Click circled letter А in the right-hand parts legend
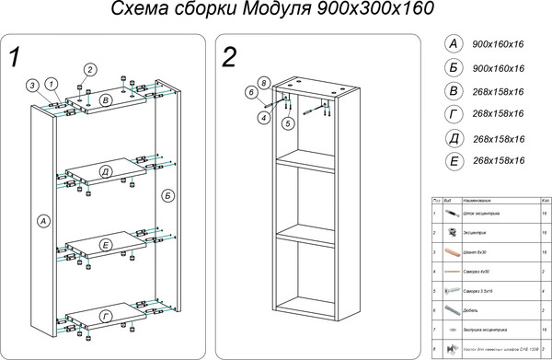(x=451, y=44)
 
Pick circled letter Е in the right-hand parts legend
(x=452, y=160)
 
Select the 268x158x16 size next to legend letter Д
(x=498, y=139)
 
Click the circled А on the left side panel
(x=42, y=220)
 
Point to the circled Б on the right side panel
(x=167, y=195)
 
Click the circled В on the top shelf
(x=106, y=99)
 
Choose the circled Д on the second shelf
(x=107, y=172)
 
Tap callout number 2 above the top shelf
(x=90, y=70)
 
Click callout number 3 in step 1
(x=32, y=86)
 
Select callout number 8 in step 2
(x=263, y=83)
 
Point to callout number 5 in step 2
(x=288, y=122)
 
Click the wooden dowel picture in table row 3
(x=450, y=250)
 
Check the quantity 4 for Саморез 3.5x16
(x=545, y=291)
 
